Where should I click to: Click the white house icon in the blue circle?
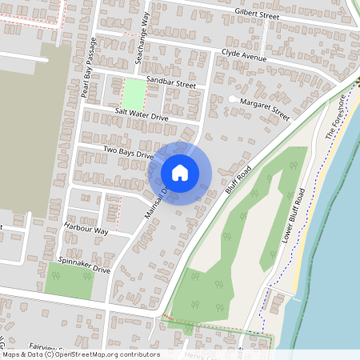tap(180, 173)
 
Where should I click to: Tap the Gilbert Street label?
tap(257, 15)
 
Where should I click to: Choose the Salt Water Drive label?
tap(142, 116)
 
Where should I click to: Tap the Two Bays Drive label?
tap(127, 153)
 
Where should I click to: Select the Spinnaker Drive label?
tap(84, 266)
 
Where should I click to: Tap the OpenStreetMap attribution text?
tap(80, 354)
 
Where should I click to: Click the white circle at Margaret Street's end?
tap(232, 99)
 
